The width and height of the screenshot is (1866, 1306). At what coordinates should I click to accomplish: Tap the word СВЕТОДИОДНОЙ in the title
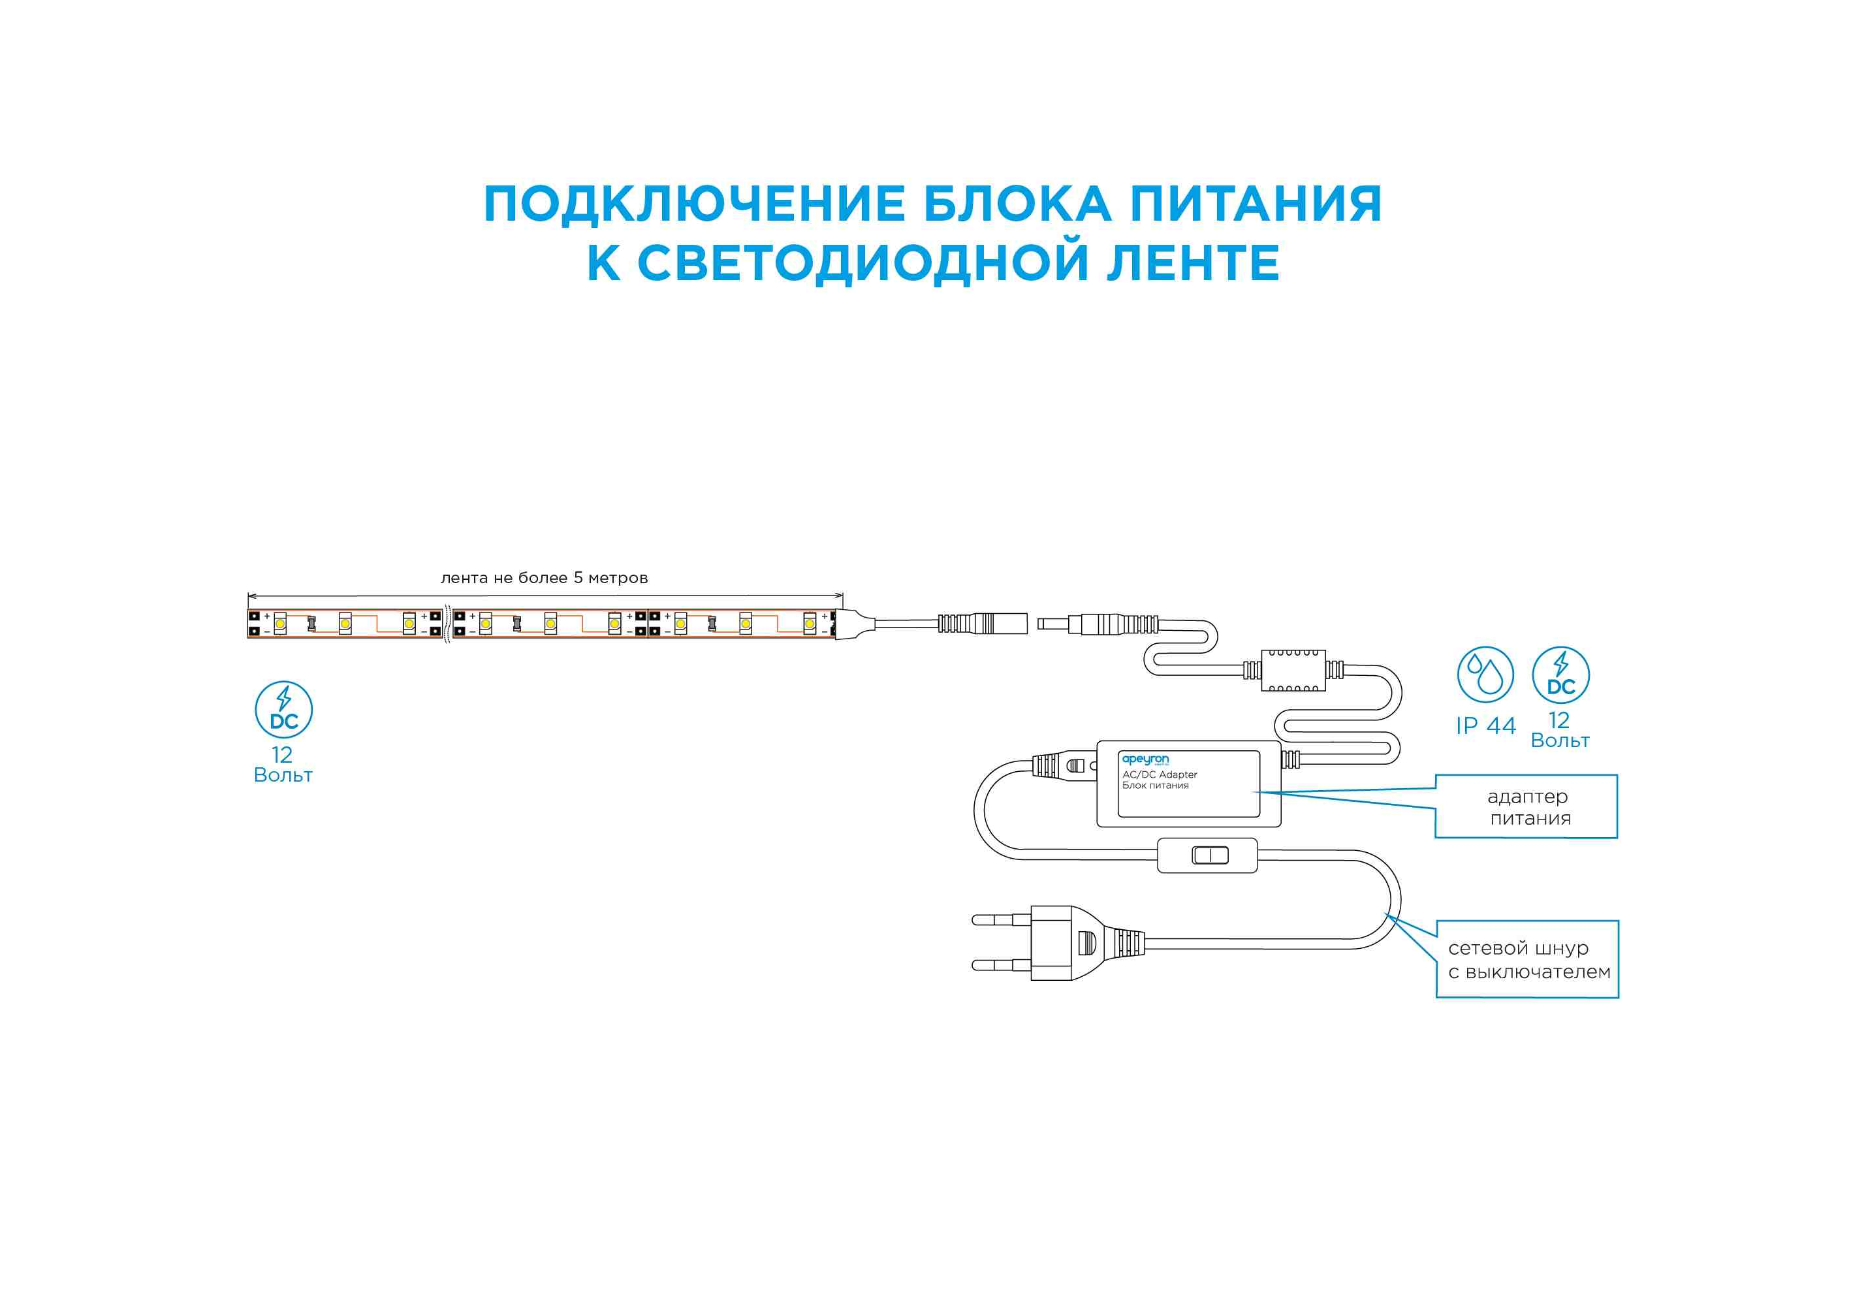[x=862, y=263]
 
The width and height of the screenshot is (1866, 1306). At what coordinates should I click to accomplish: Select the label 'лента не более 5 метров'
[x=544, y=578]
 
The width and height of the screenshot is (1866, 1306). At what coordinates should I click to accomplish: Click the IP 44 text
[x=1485, y=725]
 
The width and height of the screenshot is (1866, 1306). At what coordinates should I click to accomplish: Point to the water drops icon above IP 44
[x=1485, y=675]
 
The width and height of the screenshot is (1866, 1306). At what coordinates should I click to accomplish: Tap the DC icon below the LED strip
[x=283, y=709]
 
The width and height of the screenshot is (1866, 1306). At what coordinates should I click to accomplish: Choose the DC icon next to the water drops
[x=1560, y=675]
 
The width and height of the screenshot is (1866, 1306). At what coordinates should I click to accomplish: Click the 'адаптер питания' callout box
[x=1526, y=807]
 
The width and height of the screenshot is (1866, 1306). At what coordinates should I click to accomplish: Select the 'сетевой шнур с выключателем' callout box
[x=1527, y=960]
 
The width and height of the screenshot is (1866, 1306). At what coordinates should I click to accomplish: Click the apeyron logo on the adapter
[x=1145, y=759]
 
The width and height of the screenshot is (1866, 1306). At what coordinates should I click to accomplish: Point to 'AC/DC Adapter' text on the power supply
[x=1160, y=774]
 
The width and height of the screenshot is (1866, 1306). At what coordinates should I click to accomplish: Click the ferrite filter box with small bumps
[x=1293, y=671]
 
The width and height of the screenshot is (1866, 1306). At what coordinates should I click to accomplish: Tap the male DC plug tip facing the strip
[x=1053, y=624]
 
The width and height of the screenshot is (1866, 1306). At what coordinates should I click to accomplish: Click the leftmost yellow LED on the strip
[x=279, y=624]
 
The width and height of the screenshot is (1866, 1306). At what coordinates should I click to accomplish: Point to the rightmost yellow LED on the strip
[x=810, y=624]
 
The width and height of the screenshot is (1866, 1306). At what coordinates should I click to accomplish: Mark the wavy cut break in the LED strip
[x=447, y=624]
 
